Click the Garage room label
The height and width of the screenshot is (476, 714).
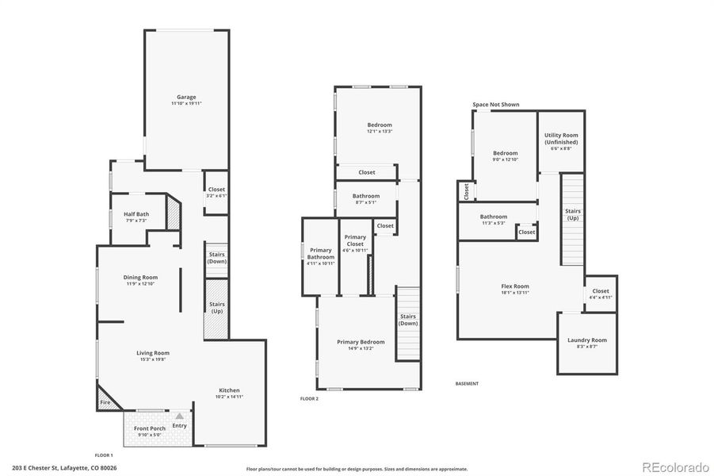tap(186, 97)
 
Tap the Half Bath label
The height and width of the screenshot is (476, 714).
tap(136, 213)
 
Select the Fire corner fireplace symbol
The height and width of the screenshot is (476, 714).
tap(105, 402)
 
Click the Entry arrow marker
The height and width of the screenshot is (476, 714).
tap(179, 416)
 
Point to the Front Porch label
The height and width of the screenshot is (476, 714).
tap(149, 428)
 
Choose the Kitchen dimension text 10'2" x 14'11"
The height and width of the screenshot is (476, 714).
tap(229, 397)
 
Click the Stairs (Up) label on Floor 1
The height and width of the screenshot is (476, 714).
tap(216, 307)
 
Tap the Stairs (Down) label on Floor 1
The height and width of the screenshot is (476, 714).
tap(216, 258)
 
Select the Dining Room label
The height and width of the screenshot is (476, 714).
tap(140, 277)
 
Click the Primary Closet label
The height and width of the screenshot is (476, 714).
tap(355, 240)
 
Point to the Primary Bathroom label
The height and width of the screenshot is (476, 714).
tap(321, 253)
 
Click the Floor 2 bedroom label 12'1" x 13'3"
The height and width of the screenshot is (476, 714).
tap(379, 132)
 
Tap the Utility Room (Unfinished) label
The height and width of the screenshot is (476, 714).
tap(561, 138)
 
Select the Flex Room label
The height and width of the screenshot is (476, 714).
tap(515, 286)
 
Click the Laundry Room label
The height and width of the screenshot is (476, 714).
tap(587, 340)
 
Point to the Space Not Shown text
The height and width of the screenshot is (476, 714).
tap(496, 104)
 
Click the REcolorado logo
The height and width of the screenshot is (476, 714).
tap(674, 466)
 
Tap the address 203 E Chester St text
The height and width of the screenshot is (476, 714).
tap(64, 468)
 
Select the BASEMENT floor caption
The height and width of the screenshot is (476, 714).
tap(467, 384)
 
